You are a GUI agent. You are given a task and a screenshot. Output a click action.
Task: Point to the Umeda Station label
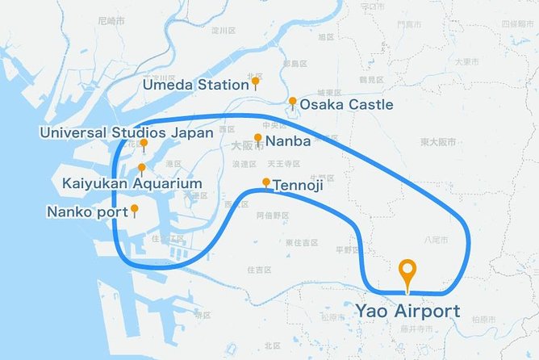[195, 84]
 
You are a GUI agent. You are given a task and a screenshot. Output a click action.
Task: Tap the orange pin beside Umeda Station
[255, 82]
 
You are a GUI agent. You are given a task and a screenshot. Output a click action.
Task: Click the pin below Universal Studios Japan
[144, 144]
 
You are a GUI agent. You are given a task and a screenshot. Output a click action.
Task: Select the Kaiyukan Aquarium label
[132, 184]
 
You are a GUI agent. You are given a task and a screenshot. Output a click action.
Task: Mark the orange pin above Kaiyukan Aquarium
[142, 169]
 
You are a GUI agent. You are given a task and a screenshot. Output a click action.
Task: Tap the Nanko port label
[88, 212]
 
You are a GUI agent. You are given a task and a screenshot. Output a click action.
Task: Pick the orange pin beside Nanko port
[135, 209]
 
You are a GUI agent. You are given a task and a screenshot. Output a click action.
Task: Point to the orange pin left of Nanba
[258, 138]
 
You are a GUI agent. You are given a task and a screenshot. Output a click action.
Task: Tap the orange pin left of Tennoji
[266, 182]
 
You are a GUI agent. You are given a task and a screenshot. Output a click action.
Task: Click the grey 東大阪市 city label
[437, 142]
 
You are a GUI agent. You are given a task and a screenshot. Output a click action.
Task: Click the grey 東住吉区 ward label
[301, 242]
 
